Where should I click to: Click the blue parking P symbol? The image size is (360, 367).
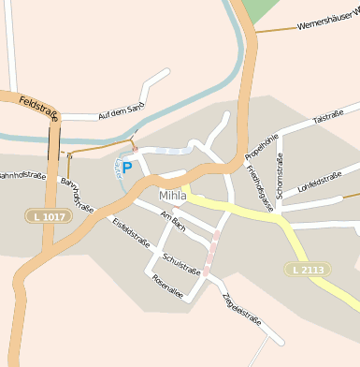tap(126, 168)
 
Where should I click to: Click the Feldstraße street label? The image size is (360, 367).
tap(37, 106)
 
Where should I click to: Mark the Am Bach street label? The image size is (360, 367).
tap(174, 222)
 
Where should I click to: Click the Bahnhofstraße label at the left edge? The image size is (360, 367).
tap(21, 175)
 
